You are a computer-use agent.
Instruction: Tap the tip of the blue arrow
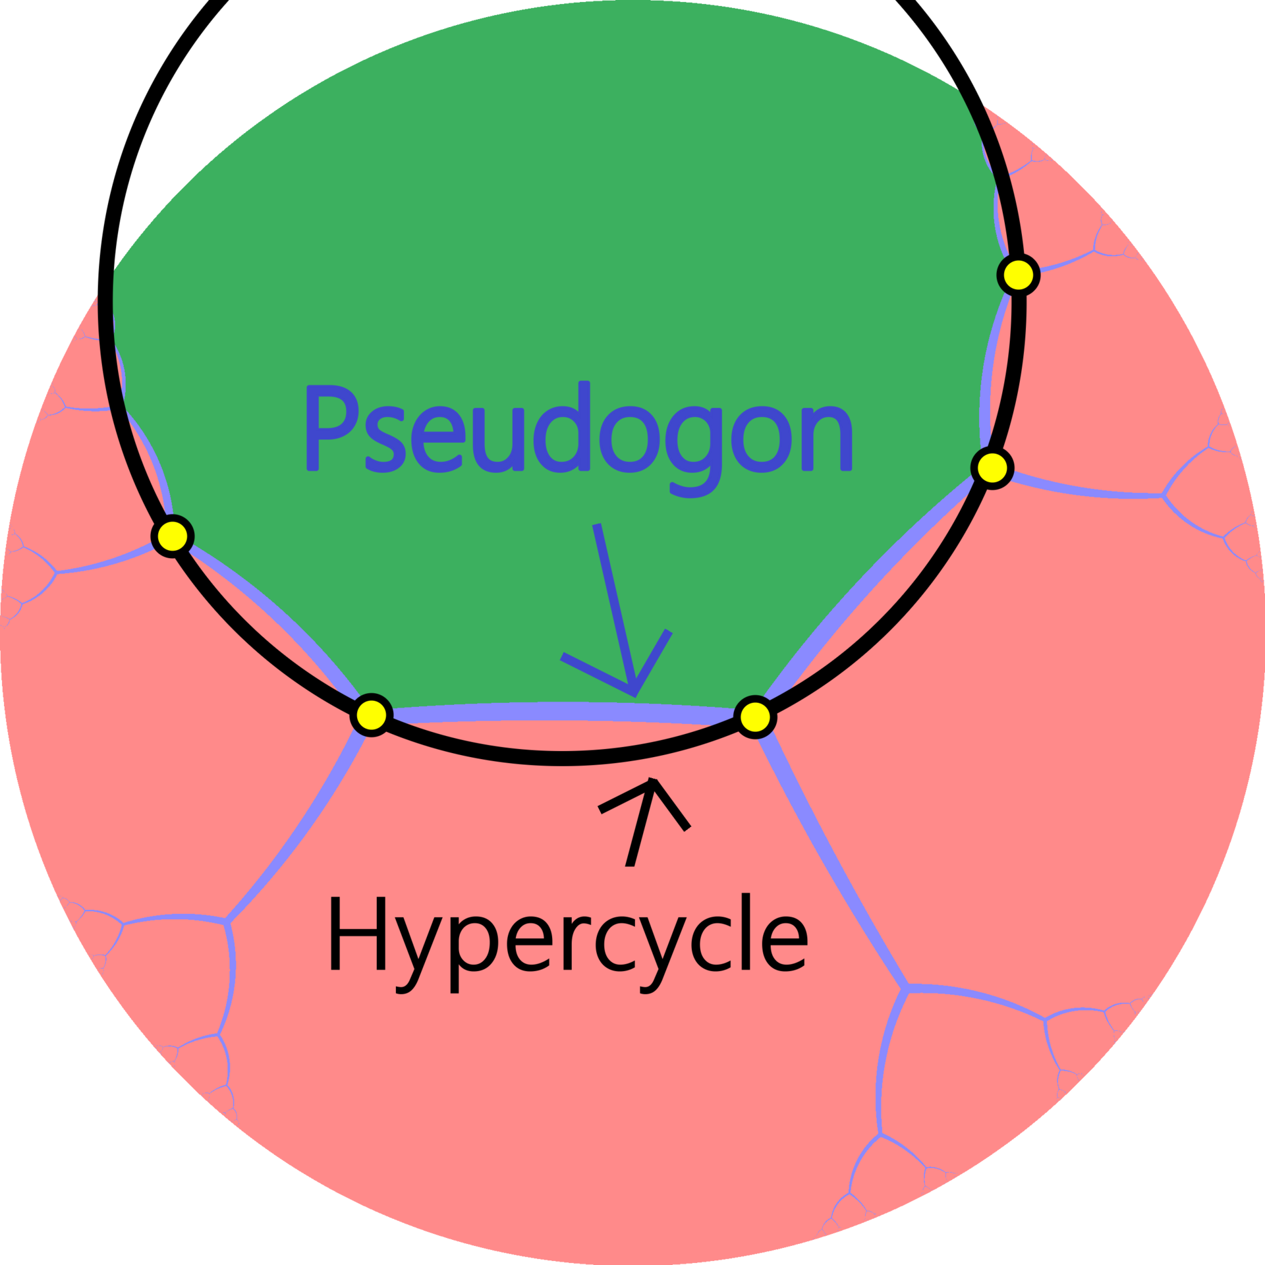click(634, 694)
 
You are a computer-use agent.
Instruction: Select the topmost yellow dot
click(1018, 275)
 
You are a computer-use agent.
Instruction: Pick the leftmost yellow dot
click(173, 536)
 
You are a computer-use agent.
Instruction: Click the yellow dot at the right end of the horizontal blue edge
click(755, 717)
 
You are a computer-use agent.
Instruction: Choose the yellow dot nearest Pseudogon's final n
click(992, 468)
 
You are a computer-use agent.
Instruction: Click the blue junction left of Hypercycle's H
click(226, 921)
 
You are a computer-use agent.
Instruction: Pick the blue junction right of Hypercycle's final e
click(907, 986)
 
